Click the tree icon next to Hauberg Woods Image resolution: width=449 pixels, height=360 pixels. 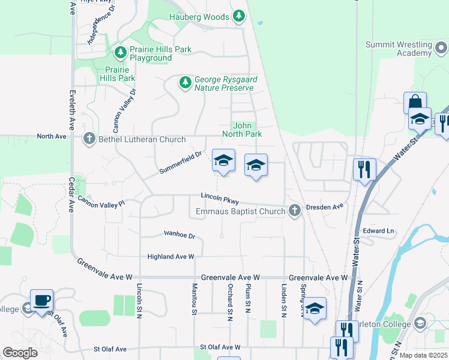(239, 16)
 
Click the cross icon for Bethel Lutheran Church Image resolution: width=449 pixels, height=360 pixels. (89, 139)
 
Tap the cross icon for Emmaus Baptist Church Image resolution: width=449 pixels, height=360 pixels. (294, 211)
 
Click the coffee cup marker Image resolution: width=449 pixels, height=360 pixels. (41, 299)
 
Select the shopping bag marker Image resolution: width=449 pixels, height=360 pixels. (415, 102)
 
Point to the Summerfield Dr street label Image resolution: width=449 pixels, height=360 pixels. (180, 163)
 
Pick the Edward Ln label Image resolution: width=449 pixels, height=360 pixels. (378, 231)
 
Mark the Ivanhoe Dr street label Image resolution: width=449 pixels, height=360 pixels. (179, 236)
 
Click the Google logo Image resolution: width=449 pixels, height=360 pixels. (20, 352)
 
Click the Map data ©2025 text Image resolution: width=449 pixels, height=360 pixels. (423, 355)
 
